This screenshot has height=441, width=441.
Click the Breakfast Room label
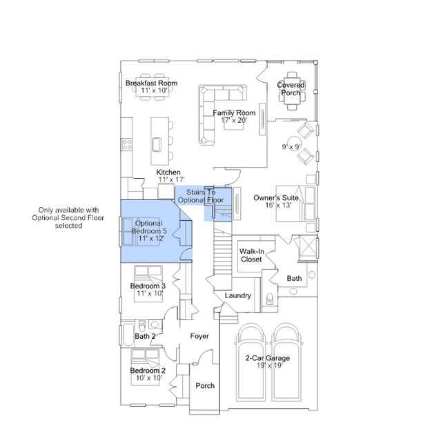point(151,84)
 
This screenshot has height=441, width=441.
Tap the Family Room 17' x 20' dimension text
point(234,120)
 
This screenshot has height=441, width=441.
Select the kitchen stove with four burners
point(127,144)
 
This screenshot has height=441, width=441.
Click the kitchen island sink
point(157,144)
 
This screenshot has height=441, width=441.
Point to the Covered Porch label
point(291,89)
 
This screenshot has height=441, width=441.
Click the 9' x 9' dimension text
point(292,147)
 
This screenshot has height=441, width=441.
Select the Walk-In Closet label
point(252,255)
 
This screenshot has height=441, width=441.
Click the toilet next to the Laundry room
point(270,299)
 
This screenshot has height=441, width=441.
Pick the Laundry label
point(238,295)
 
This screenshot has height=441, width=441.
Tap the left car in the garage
point(251,362)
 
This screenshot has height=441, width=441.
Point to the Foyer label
point(199,336)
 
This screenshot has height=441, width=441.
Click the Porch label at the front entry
point(205,386)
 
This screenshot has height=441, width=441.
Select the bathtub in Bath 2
point(128,335)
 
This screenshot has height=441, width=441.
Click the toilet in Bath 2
point(142,326)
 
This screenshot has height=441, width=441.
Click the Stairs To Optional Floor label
point(201,196)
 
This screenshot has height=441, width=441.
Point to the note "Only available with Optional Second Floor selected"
point(68,217)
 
